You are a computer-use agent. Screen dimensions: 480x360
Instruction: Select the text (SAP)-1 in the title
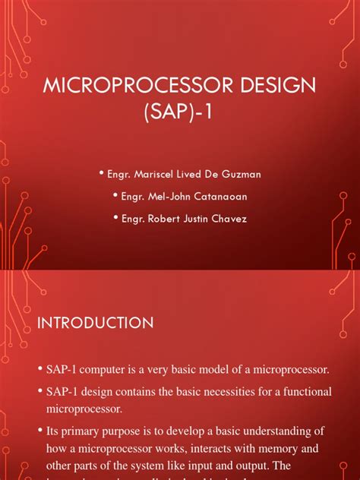click(x=179, y=114)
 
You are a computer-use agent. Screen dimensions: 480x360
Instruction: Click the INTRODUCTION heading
click(x=95, y=323)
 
